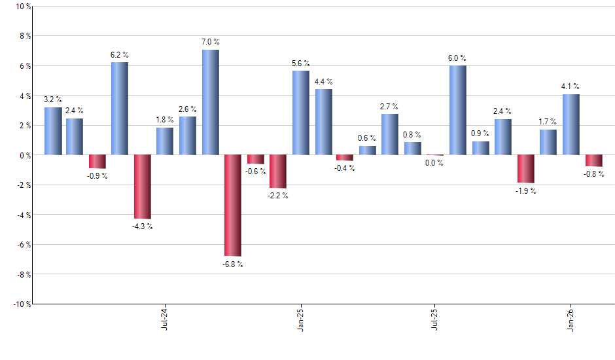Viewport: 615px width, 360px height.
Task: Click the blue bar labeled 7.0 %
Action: [210, 102]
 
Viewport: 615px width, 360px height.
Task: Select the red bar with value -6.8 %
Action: [233, 206]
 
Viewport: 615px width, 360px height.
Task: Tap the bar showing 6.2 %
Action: [119, 109]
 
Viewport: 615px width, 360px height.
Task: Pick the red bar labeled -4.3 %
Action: [142, 187]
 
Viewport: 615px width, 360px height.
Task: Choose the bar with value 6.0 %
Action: [458, 110]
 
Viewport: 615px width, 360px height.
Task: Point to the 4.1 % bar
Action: [571, 124]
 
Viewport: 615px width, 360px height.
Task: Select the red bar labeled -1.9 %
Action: [526, 169]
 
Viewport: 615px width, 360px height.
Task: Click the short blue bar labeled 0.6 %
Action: [368, 151]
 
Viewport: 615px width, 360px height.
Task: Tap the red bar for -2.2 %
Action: [278, 171]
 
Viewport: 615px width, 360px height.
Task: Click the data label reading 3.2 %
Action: [52, 99]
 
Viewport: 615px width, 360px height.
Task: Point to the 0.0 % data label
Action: [434, 163]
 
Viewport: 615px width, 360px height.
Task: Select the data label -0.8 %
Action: [594, 174]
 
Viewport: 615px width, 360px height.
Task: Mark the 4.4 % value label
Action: [323, 82]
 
